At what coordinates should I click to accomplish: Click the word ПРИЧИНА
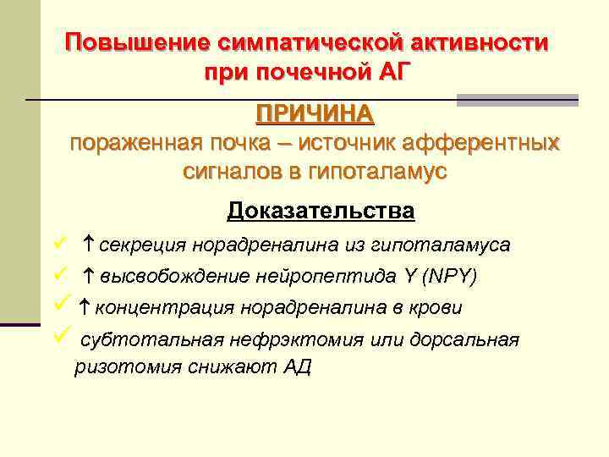coord(315,113)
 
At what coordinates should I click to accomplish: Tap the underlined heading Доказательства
coord(321,210)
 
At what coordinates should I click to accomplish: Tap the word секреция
coord(143,245)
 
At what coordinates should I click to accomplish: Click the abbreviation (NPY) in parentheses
coord(450,276)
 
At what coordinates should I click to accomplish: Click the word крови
coord(436,307)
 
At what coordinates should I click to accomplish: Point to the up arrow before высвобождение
coord(89,275)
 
